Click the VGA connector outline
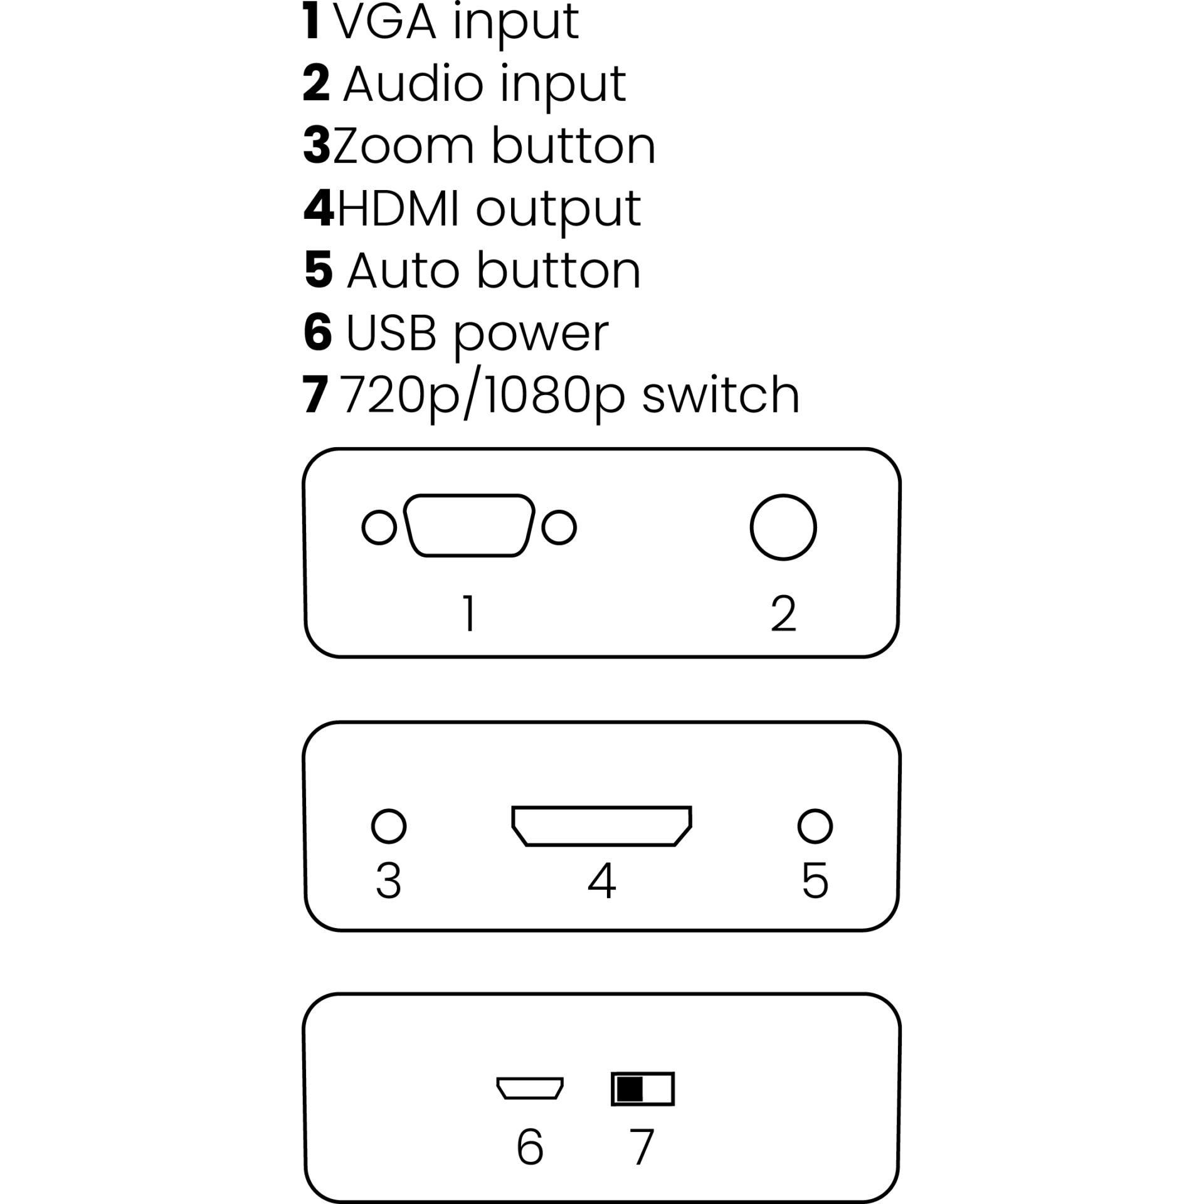pos(469,526)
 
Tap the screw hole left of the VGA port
pos(379,527)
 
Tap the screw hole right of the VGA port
pos(559,527)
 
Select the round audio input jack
pos(783,527)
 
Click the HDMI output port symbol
pos(601,826)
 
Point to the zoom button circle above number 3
pos(389,826)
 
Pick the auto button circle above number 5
pos(815,826)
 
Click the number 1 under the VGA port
pos(469,613)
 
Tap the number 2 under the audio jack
pos(783,613)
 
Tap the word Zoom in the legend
pos(403,145)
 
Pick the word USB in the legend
pos(391,332)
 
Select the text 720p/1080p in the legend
pos(485,395)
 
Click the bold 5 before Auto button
pos(319,270)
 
